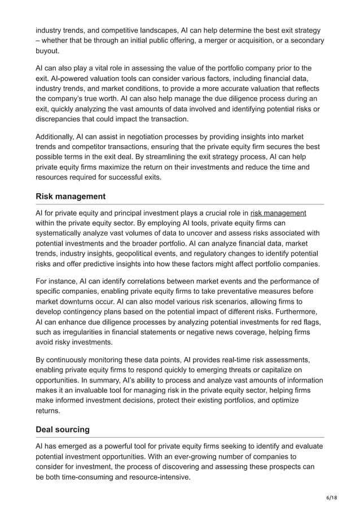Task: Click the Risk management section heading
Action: click(x=71, y=196)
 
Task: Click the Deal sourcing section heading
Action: click(x=62, y=429)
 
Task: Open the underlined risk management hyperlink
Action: click(x=278, y=213)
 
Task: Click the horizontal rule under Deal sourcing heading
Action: click(x=179, y=437)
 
